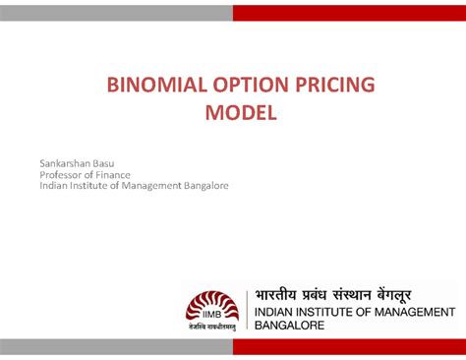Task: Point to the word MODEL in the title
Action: tap(241, 113)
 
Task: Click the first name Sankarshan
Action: tap(69, 160)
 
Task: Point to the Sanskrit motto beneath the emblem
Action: tap(212, 328)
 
